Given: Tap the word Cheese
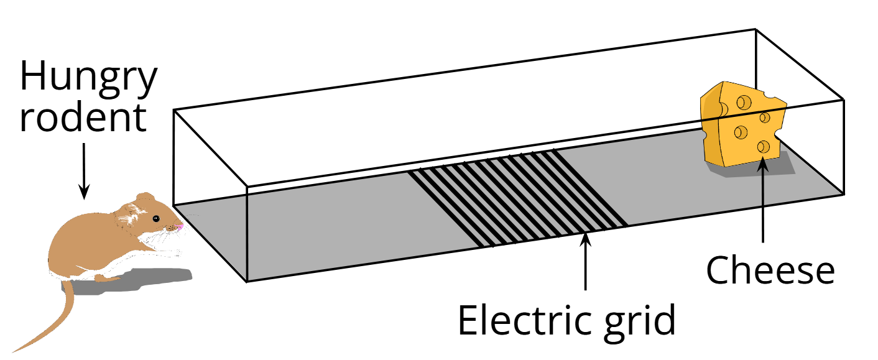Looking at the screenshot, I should [770, 271].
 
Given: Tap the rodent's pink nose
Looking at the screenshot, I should [181, 228].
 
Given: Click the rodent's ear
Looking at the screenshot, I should [146, 202].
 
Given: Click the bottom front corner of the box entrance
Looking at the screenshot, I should [247, 282].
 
